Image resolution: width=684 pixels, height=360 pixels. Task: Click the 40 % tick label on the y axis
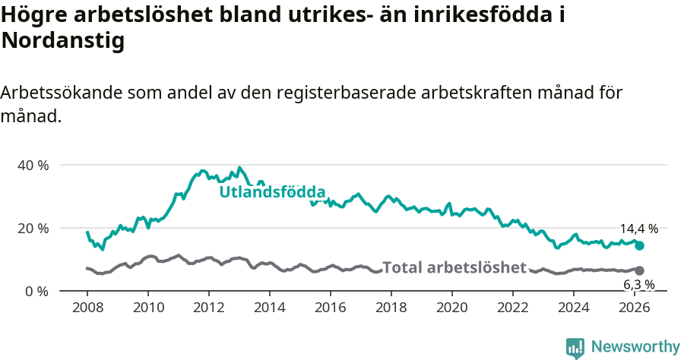[x=33, y=165]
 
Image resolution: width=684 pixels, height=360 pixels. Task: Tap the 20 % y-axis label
[x=33, y=228]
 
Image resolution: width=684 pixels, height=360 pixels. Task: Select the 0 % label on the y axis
[x=36, y=291]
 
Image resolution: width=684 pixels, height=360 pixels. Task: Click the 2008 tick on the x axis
[x=87, y=308]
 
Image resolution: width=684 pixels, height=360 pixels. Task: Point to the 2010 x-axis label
[x=148, y=308]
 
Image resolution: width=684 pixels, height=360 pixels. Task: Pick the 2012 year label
[x=209, y=308]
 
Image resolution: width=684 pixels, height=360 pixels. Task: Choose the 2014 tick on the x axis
[x=270, y=308]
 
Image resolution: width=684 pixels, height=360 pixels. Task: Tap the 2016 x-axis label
[x=331, y=308]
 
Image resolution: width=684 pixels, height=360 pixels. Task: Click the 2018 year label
[x=391, y=308]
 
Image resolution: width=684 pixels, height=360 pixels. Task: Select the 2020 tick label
[x=452, y=308]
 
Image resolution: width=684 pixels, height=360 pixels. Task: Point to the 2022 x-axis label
[x=513, y=308]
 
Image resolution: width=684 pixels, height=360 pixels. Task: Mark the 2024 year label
[x=574, y=308]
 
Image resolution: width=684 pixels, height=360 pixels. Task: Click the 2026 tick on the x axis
[x=635, y=308]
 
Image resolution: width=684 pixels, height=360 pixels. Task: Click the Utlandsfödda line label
[x=272, y=192]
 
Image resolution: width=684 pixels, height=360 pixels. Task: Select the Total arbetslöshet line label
[x=454, y=267]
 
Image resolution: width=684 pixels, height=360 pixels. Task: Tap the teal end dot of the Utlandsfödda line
[x=640, y=245]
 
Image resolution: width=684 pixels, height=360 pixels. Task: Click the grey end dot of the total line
[x=640, y=270]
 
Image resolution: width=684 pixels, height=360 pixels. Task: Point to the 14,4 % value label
[x=638, y=229]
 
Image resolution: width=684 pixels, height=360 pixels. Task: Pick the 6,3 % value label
[x=638, y=285]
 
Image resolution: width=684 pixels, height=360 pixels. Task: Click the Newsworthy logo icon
[x=575, y=348]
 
